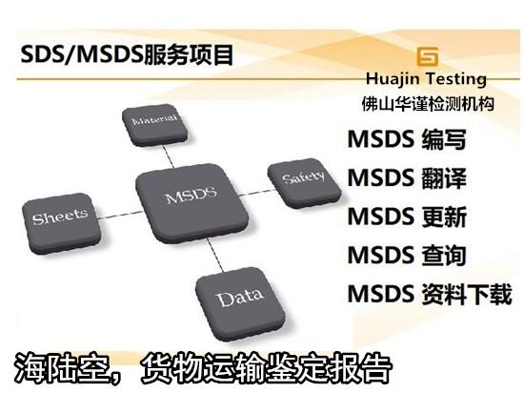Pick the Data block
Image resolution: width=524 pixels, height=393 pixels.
point(238,297)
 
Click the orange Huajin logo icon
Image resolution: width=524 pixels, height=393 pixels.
point(430,56)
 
